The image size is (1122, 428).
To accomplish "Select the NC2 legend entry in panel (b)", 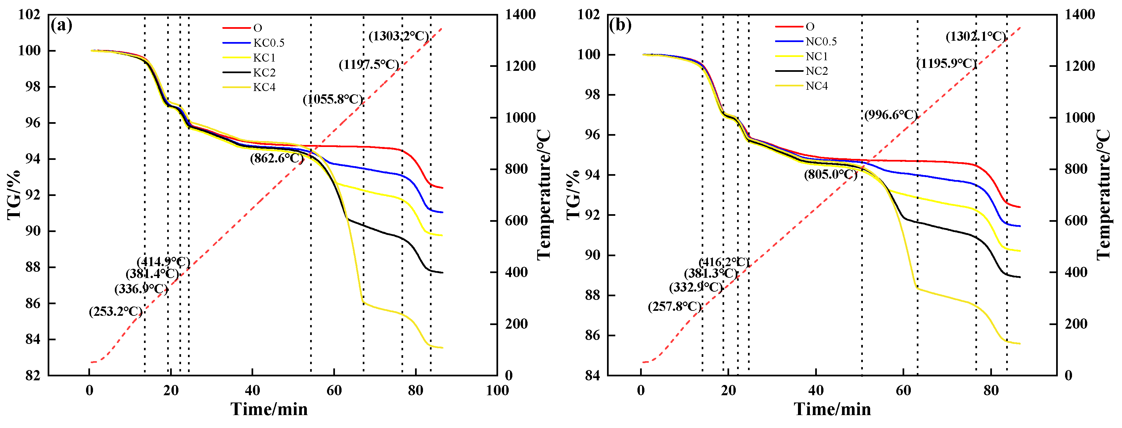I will click(816, 71).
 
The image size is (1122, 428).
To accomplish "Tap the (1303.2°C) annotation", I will click(398, 36).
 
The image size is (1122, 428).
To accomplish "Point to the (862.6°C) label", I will click(277, 158).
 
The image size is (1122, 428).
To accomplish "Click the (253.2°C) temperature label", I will click(116, 312).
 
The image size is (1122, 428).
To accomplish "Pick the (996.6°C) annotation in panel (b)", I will click(891, 115).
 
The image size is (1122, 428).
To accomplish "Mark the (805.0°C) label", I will click(830, 174).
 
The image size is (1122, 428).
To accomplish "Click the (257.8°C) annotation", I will click(675, 307).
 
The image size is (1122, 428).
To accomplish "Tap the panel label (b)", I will click(620, 25).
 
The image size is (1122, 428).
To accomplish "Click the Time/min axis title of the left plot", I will click(269, 409).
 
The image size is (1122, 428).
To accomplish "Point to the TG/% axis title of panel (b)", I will click(574, 195).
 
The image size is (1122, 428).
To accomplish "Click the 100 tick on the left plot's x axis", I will click(497, 390).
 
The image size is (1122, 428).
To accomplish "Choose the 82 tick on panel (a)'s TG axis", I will click(33, 375).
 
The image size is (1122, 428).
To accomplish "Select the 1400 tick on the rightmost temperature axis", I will click(1079, 14).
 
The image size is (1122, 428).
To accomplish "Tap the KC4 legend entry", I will click(264, 87).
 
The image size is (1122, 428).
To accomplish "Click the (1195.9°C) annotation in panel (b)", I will click(946, 64).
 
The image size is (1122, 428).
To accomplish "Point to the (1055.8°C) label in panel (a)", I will click(333, 99).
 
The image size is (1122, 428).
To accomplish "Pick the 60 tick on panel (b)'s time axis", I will click(903, 390).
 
